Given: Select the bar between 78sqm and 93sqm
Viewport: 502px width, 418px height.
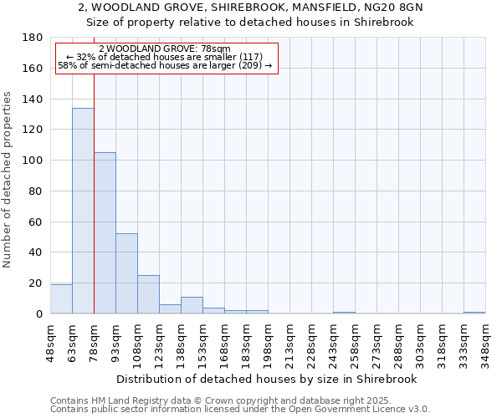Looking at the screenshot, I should click(105, 233).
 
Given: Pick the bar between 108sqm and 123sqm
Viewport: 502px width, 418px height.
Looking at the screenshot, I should click(148, 294).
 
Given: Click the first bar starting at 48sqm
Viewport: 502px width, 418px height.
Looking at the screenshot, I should click(61, 298).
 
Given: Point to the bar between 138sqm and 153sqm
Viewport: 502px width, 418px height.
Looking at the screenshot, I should click(192, 305).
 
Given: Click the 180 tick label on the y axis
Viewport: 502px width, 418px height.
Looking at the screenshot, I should click(33, 38).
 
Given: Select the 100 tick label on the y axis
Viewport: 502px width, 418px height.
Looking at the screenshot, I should click(33, 161).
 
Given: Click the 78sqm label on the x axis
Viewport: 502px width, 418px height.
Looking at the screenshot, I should click(95, 340).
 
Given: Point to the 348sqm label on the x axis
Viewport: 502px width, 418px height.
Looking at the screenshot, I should click(486, 340).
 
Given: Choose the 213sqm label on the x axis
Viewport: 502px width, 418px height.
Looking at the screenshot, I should click(290, 340).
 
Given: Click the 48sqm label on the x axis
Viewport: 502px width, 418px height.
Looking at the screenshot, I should click(51, 340).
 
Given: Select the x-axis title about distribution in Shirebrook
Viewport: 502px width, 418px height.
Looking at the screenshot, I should click(268, 379).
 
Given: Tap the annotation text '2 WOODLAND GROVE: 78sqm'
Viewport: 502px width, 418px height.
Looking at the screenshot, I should click(164, 48).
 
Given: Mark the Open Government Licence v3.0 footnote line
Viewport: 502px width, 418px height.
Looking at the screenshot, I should click(240, 410).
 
